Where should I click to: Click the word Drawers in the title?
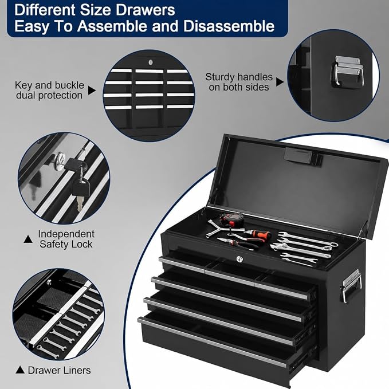(x=146, y=10)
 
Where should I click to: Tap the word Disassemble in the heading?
(x=229, y=26)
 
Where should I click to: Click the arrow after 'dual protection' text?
(x=92, y=91)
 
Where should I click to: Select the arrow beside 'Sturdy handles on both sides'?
(x=280, y=82)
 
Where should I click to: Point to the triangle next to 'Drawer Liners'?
(x=20, y=370)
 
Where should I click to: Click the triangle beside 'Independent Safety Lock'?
(x=28, y=239)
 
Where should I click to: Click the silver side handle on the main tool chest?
(x=351, y=285)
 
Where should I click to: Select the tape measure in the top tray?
(x=231, y=219)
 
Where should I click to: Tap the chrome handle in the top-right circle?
(x=347, y=70)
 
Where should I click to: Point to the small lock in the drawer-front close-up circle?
(x=151, y=62)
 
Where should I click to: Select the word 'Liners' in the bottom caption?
(x=76, y=370)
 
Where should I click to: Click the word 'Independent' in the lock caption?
(x=66, y=234)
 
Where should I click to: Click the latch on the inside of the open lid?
(x=302, y=156)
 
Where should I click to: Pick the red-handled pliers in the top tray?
(x=239, y=243)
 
